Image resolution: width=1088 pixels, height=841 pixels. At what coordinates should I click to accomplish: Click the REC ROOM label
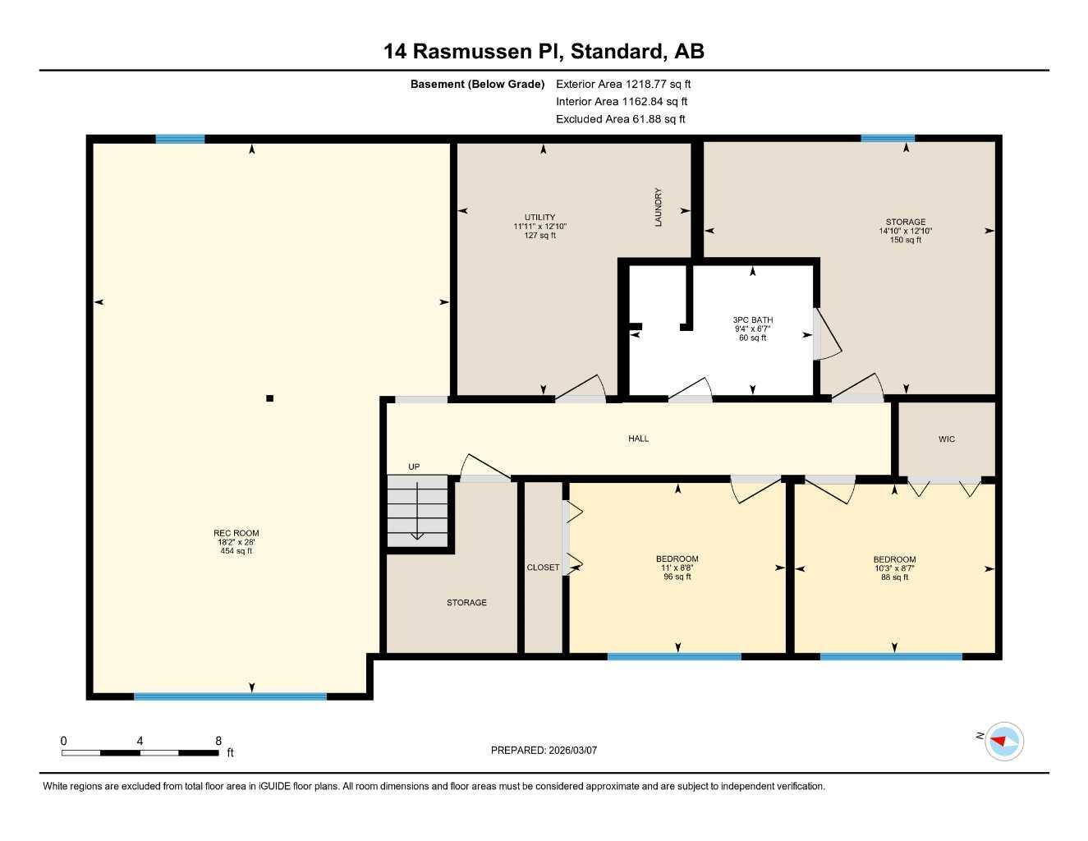(x=236, y=542)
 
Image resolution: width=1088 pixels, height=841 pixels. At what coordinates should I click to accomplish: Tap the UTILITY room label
(x=539, y=226)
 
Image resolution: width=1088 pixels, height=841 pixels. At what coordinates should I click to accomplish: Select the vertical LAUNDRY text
(x=658, y=207)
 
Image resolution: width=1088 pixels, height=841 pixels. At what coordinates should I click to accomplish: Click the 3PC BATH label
(x=752, y=329)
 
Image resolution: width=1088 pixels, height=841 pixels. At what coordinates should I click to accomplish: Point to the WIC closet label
(x=947, y=439)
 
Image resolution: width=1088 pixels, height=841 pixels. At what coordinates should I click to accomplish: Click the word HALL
(x=638, y=439)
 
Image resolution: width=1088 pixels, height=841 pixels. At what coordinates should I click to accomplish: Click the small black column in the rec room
(x=269, y=398)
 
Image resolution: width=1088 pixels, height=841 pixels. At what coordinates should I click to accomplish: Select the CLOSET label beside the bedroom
(x=543, y=568)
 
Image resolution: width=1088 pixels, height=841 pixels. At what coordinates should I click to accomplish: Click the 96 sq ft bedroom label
(x=677, y=568)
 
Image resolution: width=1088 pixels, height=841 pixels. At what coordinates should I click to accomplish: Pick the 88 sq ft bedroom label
(x=894, y=568)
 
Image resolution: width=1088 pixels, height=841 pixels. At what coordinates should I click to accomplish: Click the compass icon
(x=1003, y=741)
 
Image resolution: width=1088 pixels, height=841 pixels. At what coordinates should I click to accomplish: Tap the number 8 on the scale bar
(x=218, y=741)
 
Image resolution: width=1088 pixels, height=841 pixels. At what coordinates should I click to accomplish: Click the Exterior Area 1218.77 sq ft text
(x=623, y=84)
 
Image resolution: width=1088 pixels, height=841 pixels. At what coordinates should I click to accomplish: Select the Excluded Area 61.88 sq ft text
(x=620, y=119)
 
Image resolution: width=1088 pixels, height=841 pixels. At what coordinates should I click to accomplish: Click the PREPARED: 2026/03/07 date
(x=544, y=750)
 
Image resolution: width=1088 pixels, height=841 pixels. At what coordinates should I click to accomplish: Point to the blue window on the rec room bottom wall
(x=230, y=696)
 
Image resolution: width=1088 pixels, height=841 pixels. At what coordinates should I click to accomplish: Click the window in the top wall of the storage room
(x=887, y=138)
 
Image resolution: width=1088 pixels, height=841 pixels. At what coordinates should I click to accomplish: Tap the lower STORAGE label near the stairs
(x=466, y=603)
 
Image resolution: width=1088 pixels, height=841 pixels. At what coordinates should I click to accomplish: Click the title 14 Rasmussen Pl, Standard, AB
(x=544, y=51)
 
